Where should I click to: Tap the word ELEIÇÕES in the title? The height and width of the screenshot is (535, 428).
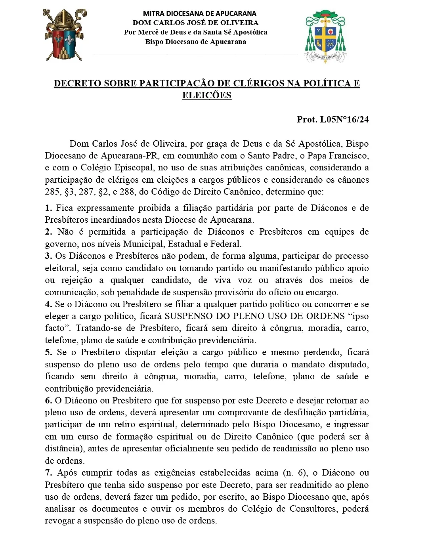[x=206, y=95]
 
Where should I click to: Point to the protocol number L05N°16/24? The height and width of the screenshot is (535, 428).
[x=344, y=119]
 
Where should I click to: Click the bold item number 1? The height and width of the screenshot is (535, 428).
[x=48, y=208]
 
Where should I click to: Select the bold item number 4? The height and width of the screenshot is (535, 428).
[x=48, y=304]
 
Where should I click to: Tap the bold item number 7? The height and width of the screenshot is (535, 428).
[x=48, y=472]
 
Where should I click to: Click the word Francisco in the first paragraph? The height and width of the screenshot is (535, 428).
[x=348, y=155]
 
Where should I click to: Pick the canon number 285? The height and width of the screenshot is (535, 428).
[x=53, y=192]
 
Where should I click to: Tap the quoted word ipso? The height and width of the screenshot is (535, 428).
[x=359, y=316]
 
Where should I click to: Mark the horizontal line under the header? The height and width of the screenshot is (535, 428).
[x=195, y=54]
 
